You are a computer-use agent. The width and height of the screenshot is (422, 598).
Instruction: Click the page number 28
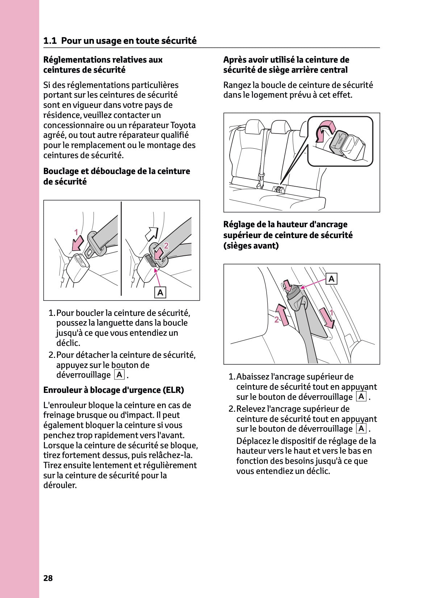48,578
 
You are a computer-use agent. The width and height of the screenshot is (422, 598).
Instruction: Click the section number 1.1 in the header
50,41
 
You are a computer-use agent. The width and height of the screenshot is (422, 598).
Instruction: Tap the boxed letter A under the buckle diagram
160,292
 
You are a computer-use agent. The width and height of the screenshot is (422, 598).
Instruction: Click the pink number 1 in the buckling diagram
76,232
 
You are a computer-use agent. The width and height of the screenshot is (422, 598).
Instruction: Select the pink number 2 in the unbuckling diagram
166,246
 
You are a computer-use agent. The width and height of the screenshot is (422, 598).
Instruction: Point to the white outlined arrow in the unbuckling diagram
151,234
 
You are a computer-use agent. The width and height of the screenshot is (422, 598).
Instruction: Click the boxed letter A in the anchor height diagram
331,279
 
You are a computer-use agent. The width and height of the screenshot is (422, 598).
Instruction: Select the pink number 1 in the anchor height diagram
331,313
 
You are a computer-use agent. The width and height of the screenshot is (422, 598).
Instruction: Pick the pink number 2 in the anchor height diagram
276,320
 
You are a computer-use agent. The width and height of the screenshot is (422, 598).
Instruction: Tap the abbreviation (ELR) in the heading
174,390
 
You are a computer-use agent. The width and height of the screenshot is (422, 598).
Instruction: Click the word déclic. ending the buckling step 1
68,343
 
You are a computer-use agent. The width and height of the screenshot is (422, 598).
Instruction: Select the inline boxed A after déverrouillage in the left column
119,374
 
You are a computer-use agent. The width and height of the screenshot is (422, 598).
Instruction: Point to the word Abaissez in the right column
253,377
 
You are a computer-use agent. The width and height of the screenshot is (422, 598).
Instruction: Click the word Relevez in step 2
250,409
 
